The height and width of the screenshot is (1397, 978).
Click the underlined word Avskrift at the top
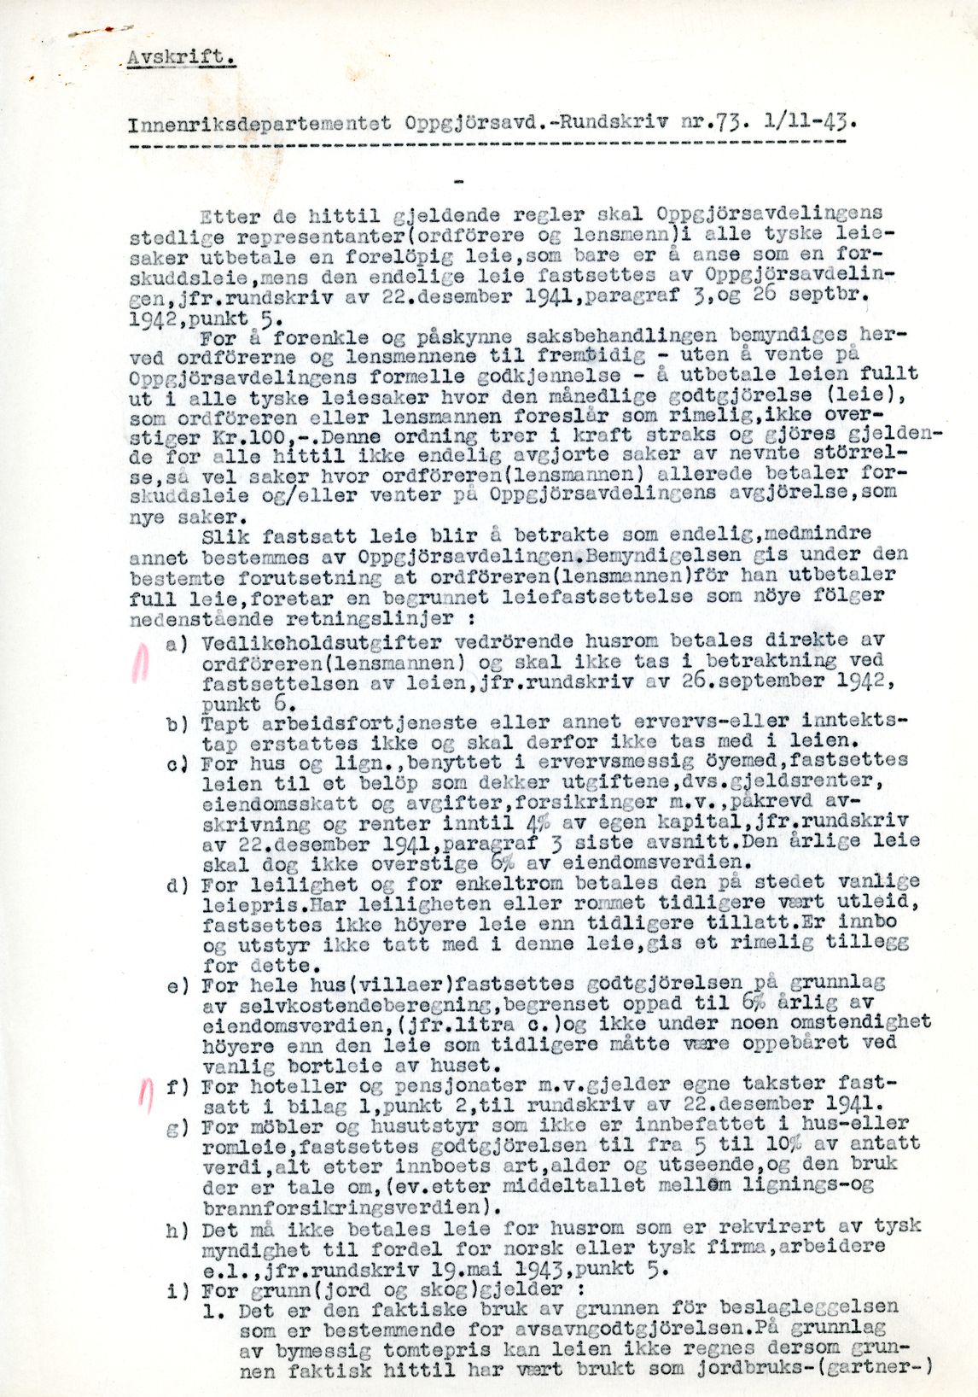point(179,58)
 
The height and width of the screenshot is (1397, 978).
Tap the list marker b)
point(178,724)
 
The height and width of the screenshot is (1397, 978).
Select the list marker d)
point(178,885)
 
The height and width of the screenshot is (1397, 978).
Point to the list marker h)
point(178,1230)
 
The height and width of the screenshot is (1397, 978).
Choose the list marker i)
point(178,1290)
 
